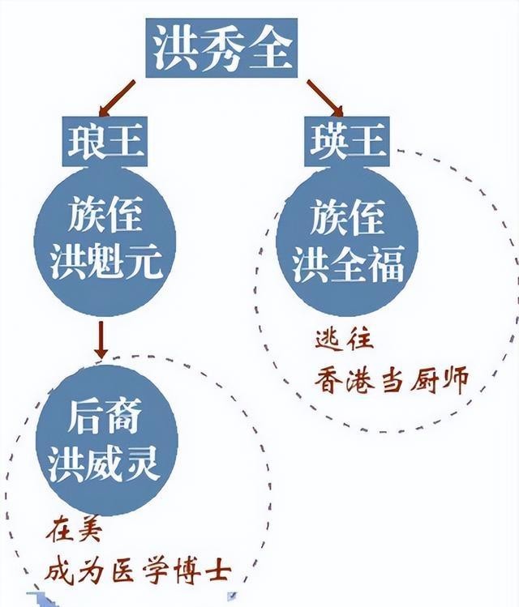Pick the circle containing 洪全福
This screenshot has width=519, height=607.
[x=347, y=242]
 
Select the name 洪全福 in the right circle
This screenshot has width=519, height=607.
[x=348, y=266]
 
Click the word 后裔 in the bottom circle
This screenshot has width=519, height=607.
[x=106, y=419]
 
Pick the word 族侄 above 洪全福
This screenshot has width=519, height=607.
[x=348, y=219]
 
